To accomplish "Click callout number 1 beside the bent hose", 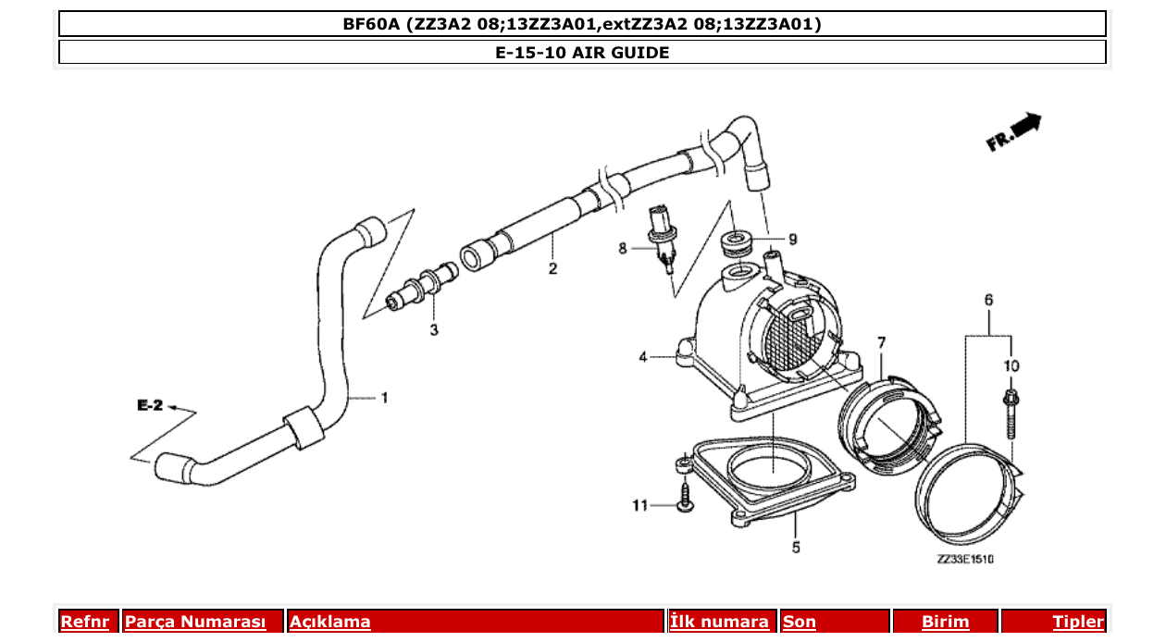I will point(384,399).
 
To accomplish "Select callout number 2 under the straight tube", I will point(552,269).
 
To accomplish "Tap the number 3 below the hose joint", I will point(434,330).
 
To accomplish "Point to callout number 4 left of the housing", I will point(641,355).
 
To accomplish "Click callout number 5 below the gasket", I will point(796,548).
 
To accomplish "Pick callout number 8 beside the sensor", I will point(623,248).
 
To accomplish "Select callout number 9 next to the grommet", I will point(792,239).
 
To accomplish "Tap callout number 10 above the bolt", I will point(1011,366).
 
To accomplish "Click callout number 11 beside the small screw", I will point(639,505).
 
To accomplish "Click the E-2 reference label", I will point(150,405).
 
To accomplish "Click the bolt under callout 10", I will point(1011,413).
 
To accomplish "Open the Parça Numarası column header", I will point(195,622).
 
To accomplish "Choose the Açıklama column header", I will point(330,622).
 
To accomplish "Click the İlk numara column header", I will point(720,622).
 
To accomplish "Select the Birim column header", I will point(945,622).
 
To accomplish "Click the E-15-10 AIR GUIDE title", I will point(582,53).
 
